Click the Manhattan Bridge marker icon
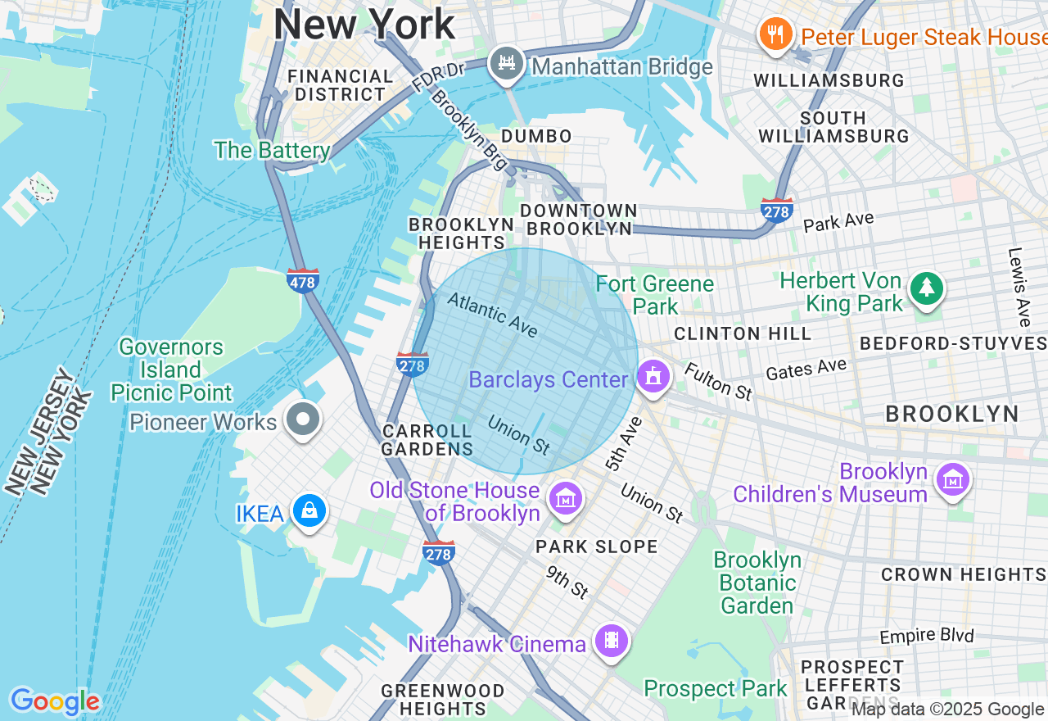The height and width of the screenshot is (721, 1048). coord(507,64)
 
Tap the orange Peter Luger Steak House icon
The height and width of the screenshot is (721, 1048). coord(775,34)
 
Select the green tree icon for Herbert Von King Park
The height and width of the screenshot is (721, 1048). coord(926,288)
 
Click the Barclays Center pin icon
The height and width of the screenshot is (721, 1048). coord(653,378)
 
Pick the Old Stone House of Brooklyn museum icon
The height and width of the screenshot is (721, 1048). coord(566,497)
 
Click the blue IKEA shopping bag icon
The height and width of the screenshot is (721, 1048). coord(310,510)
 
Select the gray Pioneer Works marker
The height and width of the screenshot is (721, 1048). coord(303,419)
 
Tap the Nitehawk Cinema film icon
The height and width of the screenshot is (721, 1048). coord(611,641)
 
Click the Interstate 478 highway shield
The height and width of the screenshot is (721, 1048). coord(303,280)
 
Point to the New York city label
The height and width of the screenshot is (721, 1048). coord(364,25)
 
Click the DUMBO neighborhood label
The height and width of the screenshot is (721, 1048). coord(536,136)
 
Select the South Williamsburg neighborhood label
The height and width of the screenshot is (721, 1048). coord(833,127)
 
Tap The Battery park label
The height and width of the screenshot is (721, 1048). coord(272,151)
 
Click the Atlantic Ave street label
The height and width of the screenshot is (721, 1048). coord(492,315)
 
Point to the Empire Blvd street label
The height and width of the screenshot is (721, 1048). coord(927,637)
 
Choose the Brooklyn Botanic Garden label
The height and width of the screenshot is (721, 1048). coord(757,583)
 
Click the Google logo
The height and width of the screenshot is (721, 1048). coord(54,701)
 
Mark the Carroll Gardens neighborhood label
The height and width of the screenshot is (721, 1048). coord(427,440)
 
